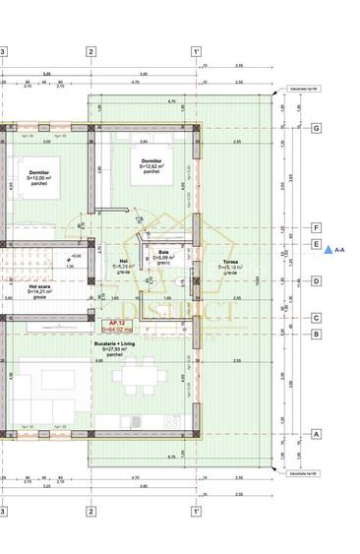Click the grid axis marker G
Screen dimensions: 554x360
[317, 129]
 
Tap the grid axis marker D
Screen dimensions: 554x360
[317, 281]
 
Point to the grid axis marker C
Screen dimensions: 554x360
[317, 318]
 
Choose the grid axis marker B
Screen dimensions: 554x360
[317, 334]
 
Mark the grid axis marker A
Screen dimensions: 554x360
[317, 433]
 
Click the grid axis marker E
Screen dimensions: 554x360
[317, 243]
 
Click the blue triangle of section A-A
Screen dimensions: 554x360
[329, 250]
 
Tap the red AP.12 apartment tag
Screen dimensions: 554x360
[115, 324]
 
